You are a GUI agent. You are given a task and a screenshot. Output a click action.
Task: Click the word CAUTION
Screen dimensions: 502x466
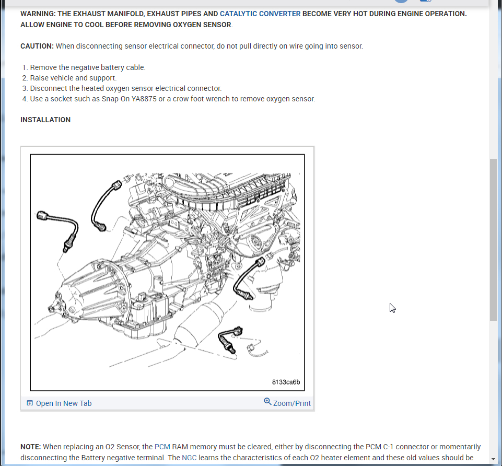pos(37,46)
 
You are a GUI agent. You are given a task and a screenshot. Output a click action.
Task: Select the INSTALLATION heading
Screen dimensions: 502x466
pos(45,120)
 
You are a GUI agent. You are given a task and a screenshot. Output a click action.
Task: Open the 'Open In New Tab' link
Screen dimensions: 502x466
pos(63,403)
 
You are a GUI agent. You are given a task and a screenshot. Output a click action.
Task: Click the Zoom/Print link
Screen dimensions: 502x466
pos(291,403)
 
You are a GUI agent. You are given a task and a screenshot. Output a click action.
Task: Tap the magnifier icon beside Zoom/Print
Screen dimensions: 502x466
pos(267,402)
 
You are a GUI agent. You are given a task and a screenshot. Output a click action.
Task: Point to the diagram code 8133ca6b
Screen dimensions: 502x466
pos(286,382)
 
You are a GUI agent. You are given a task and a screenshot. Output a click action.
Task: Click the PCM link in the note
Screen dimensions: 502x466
pos(162,447)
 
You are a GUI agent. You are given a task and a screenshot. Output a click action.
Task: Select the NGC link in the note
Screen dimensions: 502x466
pos(189,458)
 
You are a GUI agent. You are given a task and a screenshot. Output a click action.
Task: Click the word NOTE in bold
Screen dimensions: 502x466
pos(30,447)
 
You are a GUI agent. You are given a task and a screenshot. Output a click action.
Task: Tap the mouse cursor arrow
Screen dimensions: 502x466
pos(392,308)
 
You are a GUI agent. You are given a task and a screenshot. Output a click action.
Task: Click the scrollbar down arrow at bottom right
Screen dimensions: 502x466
pos(493,459)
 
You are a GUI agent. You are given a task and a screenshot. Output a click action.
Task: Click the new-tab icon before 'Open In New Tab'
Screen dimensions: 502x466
pos(30,403)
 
